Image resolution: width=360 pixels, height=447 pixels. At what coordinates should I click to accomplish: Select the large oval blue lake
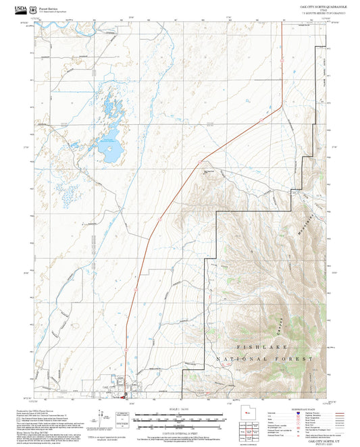click(108, 149)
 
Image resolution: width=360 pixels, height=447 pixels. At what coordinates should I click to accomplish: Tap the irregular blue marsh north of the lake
click(112, 108)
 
